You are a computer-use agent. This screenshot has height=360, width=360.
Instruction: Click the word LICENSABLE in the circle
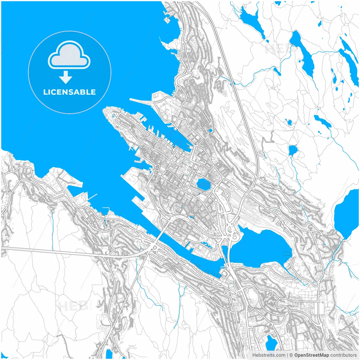coord(69,92)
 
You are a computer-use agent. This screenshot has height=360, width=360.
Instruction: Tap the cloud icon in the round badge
coord(69,55)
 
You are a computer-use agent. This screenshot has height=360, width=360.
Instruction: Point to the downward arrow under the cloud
coord(66,77)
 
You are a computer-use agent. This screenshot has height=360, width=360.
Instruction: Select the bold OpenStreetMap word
coord(312,355)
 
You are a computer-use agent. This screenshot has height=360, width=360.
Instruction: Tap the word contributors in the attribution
coord(343,355)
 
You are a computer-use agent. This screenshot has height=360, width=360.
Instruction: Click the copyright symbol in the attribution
coord(291,355)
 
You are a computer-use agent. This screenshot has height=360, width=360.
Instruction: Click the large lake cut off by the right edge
coord(347,214)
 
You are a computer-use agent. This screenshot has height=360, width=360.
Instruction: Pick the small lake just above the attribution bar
coord(271,343)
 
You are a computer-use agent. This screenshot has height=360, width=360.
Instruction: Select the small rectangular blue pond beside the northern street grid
coord(211,130)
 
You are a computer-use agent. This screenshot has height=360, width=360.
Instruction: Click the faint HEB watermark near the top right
coord(277,50)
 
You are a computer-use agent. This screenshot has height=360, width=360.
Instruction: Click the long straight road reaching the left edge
coord(42,251)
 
